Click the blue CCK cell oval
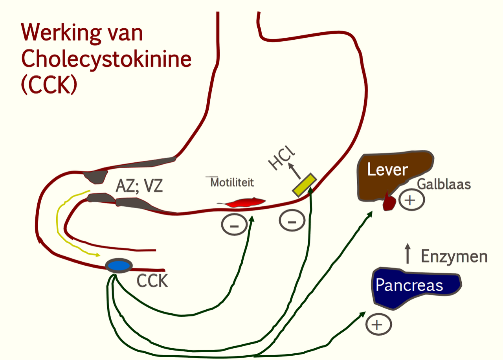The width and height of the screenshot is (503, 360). [119, 266]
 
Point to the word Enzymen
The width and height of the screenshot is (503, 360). [454, 256]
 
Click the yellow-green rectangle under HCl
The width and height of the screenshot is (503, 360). [304, 185]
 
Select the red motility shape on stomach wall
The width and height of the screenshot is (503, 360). [241, 202]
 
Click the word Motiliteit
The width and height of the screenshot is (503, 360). [232, 182]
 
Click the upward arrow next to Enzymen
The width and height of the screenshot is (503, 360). [408, 253]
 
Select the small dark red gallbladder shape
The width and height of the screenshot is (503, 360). [389, 202]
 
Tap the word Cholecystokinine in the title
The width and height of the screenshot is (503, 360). [106, 59]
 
